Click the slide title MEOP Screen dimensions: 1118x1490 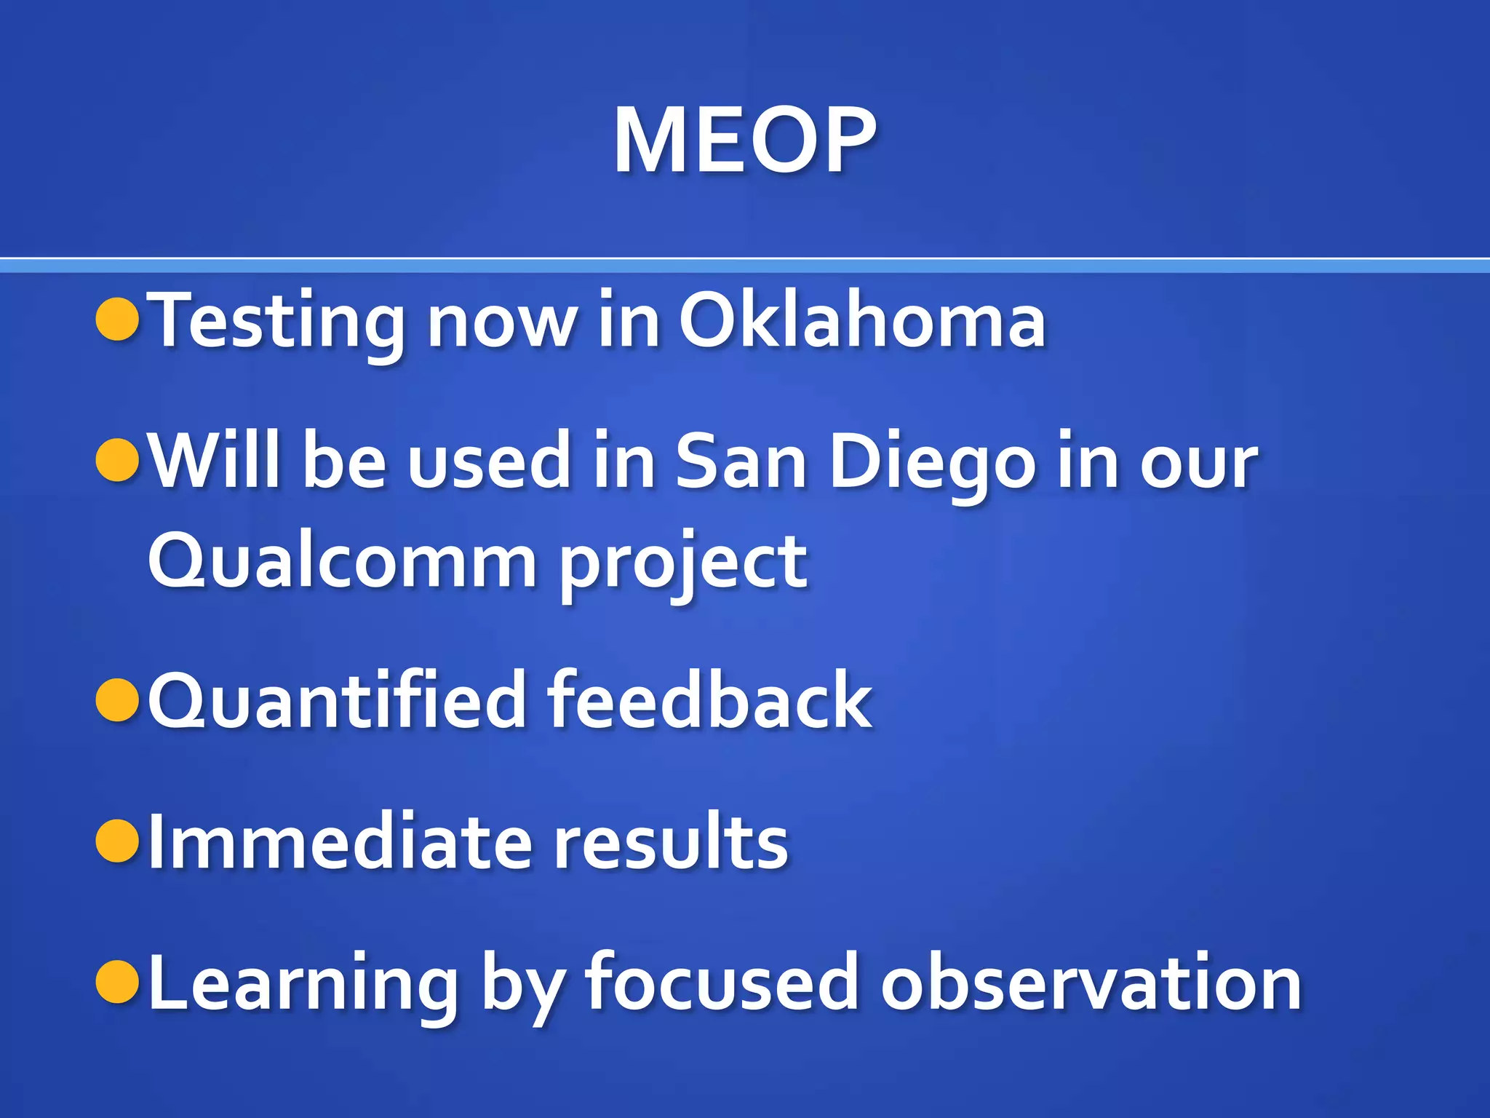coord(744,140)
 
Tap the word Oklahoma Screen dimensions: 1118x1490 coord(862,321)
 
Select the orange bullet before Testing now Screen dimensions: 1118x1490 coord(118,320)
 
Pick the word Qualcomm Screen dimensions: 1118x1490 coord(342,561)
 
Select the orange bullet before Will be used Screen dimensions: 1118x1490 coord(118,461)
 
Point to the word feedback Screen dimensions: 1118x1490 coord(709,700)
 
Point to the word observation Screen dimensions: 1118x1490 coord(1091,983)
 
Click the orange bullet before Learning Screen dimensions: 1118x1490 coord(118,982)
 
